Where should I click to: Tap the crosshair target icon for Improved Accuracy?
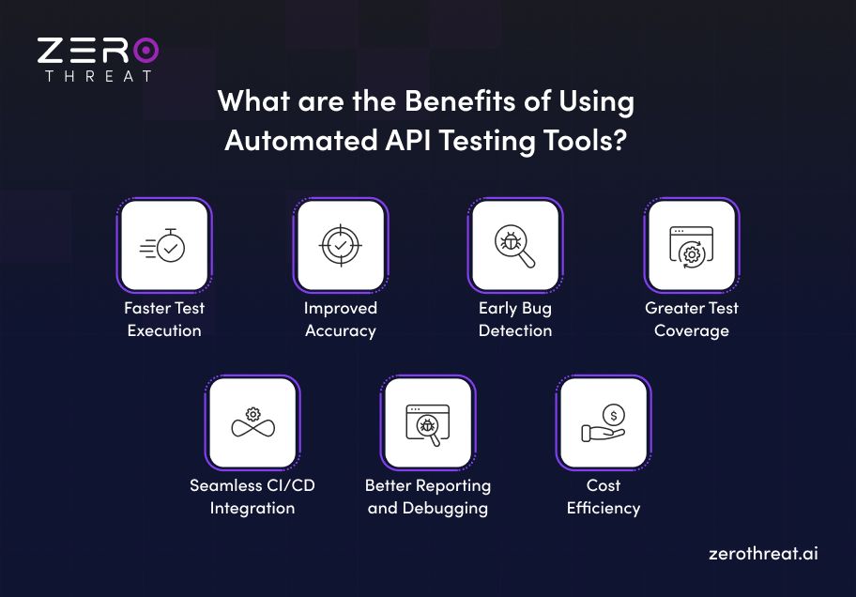340,246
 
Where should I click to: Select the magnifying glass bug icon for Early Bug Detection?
515,246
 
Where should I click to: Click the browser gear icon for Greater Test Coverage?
691,246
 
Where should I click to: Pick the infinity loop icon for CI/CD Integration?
252,423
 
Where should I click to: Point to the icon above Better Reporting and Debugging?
428,423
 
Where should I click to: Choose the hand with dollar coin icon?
604,423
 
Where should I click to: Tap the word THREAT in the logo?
98,76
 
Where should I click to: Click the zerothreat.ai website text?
763,553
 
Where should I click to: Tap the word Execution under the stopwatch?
164,330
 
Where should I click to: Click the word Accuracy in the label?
340,330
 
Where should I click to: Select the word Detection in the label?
515,330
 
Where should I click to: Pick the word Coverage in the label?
691,330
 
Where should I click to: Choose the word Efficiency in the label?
604,508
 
